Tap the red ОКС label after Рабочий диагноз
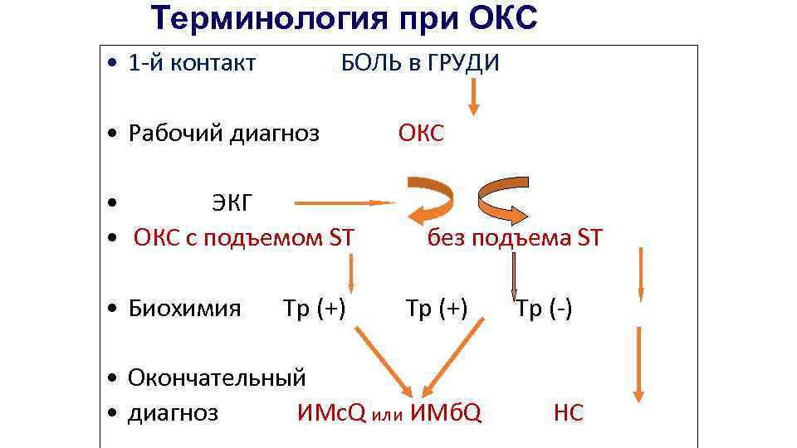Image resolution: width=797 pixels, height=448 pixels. (421, 134)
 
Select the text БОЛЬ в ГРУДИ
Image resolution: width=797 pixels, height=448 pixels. (420, 63)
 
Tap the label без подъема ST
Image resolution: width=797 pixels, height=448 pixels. (515, 239)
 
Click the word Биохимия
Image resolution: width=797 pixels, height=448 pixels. (184, 309)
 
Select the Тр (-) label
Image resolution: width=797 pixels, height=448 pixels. (544, 309)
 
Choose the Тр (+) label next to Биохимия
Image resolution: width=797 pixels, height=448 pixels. (314, 309)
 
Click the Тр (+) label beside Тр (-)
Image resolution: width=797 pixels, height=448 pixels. (437, 309)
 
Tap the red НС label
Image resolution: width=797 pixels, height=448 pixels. (569, 412)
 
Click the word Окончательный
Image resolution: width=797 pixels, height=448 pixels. (217, 377)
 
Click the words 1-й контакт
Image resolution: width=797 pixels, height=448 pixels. (192, 63)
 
